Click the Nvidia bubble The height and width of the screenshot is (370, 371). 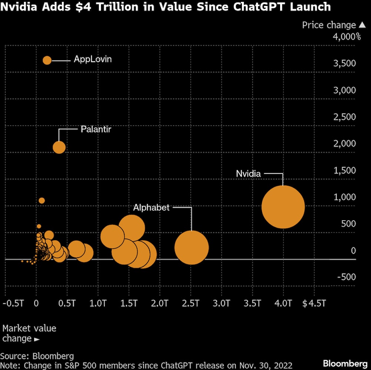[283, 207]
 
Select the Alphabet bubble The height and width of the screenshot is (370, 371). [191, 247]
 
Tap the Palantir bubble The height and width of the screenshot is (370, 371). [59, 147]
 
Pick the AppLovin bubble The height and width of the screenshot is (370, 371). [47, 60]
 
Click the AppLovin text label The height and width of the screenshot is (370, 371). [93, 59]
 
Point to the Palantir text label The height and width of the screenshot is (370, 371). [96, 129]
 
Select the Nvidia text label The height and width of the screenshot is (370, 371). [249, 174]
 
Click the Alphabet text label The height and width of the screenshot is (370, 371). [151, 208]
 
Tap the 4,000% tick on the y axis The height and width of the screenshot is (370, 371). [347, 37]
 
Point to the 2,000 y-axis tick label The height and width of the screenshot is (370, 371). [345, 143]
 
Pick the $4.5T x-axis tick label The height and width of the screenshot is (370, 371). [314, 304]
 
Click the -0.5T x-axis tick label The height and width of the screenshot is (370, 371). [13, 304]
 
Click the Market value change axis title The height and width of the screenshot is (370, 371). [29, 333]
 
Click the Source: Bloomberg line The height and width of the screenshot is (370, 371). [37, 356]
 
